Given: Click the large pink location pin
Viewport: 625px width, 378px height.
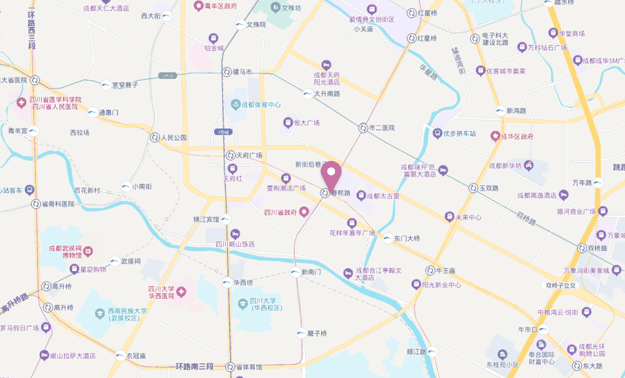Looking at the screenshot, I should point(330,173).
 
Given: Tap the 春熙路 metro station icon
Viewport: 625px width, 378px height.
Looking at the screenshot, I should point(324,193).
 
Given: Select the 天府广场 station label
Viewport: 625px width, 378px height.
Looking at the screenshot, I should point(249,155).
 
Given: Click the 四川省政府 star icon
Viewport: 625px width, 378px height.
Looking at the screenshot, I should point(304,212).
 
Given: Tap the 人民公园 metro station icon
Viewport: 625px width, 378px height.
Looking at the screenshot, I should point(154,137).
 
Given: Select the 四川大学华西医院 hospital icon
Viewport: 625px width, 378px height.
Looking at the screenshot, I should point(181,291).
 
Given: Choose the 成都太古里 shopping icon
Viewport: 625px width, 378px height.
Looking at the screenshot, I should point(361,196).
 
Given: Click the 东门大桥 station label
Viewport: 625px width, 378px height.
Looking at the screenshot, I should point(407,238).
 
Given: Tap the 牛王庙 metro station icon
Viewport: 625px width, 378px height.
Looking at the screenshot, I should point(431,271).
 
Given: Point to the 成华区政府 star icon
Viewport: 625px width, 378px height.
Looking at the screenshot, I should point(496,136).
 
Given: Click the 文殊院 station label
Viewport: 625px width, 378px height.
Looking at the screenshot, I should point(256,25).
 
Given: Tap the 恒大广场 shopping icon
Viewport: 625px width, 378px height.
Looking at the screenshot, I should point(287,122).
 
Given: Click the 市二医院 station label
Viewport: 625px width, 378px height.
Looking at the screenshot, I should point(382,128).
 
